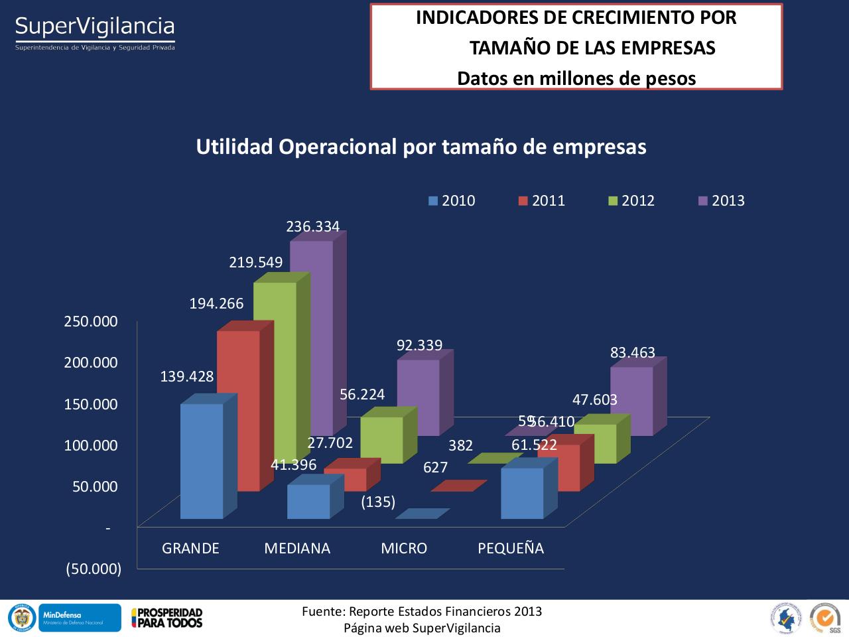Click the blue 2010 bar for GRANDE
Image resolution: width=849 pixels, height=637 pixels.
pos(202,460)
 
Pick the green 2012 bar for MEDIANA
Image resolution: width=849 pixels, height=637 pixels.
pos(381,440)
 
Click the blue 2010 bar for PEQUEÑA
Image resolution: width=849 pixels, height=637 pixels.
pos(522,493)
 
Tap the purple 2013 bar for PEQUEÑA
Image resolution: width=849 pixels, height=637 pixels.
pos(631,401)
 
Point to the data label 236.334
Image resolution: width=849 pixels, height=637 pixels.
pos(312,226)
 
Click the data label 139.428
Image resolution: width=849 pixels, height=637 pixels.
pos(187,377)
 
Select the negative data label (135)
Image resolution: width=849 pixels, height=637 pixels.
pos(378,501)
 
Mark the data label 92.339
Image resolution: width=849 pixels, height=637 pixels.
pos(419,345)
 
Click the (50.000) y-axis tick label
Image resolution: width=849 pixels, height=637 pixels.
pos(94,569)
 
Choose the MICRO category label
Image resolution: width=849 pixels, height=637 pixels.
pos(404,548)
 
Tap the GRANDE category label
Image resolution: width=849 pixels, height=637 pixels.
pos(190,548)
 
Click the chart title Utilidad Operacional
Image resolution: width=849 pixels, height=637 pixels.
pos(421,147)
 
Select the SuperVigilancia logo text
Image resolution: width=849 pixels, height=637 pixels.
pos(95,27)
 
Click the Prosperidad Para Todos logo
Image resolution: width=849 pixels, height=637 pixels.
pos(167,617)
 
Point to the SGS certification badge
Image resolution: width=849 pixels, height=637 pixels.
pos(825,616)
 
